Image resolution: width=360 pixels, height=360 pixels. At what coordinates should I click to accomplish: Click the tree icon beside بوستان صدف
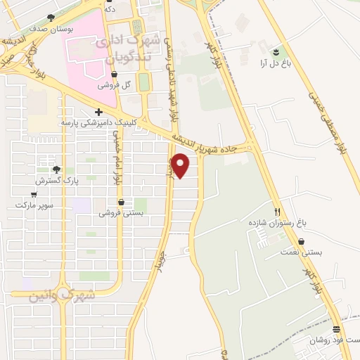pyautogui.click(x=51, y=17)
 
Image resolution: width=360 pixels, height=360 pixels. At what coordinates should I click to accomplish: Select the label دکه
pyautogui.click(x=109, y=9)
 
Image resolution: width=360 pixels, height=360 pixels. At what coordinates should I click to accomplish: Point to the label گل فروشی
pyautogui.click(x=117, y=86)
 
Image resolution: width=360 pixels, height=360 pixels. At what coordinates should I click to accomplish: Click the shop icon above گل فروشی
pyautogui.click(x=115, y=75)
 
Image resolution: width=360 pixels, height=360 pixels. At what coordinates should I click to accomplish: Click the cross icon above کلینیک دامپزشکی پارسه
pyautogui.click(x=98, y=112)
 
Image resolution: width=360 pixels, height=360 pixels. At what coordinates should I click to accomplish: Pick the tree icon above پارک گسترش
pyautogui.click(x=57, y=169)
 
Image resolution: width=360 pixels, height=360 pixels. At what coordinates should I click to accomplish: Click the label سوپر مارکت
pyautogui.click(x=30, y=205)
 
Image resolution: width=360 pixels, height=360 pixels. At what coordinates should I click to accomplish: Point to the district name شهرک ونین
pyautogui.click(x=62, y=295)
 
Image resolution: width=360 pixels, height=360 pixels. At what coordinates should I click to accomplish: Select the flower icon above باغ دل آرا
pyautogui.click(x=276, y=52)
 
